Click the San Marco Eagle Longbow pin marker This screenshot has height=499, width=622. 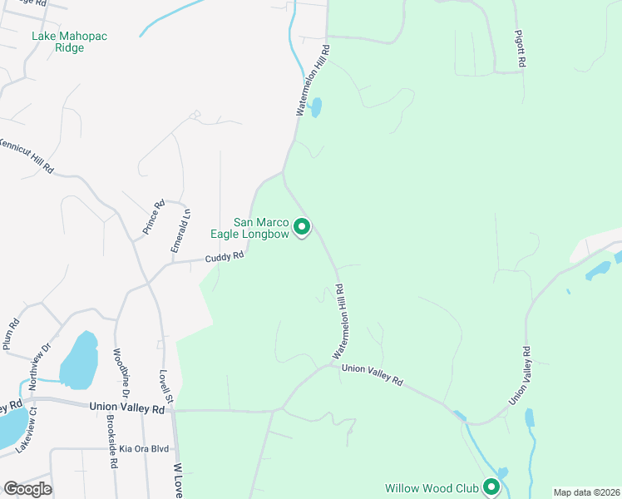(x=303, y=225)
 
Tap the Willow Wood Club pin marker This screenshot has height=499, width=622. (x=491, y=487)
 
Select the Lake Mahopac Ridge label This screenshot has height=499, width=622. (x=70, y=42)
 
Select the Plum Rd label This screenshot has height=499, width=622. (x=11, y=333)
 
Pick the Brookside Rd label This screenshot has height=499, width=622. (x=111, y=441)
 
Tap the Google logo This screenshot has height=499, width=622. (x=27, y=488)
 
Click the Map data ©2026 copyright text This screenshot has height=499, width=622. (x=585, y=492)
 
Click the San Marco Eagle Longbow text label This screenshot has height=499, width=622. (x=261, y=228)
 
